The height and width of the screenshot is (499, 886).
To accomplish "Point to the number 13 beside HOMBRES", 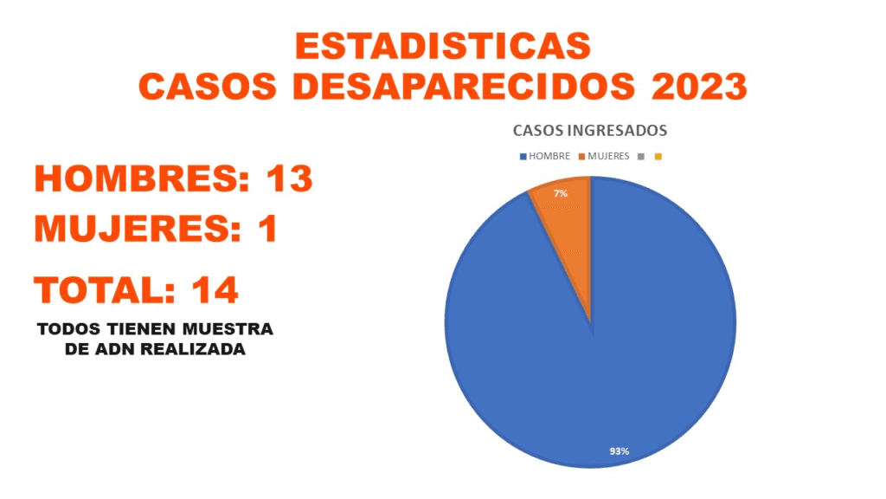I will [x=289, y=178].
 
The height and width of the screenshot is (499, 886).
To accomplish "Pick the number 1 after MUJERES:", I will [x=266, y=230].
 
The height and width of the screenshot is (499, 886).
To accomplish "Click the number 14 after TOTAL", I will [x=215, y=290].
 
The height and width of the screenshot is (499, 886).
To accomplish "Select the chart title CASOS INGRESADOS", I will [x=590, y=131].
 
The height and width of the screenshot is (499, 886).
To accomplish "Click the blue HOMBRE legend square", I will [x=522, y=157].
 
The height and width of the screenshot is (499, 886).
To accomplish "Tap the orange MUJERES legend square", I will [x=583, y=157].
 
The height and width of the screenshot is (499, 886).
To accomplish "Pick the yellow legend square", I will [x=658, y=157].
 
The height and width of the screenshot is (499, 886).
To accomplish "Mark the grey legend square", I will [x=640, y=157].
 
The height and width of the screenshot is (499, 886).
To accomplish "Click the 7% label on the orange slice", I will [x=561, y=194].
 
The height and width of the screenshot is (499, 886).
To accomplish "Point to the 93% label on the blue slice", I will [x=619, y=450].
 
